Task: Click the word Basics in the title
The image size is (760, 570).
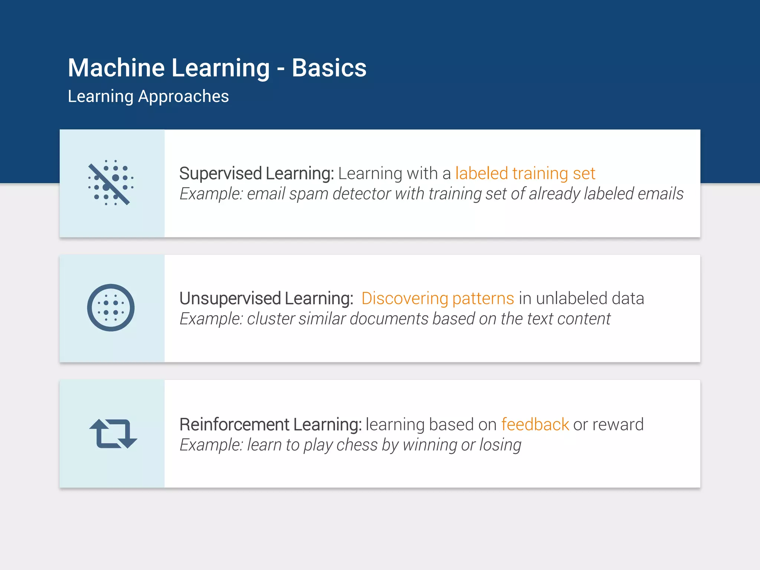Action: click(329, 68)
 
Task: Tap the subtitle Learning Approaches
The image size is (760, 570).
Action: click(148, 96)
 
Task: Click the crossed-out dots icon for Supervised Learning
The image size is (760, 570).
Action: click(111, 183)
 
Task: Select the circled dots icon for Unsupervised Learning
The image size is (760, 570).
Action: click(111, 308)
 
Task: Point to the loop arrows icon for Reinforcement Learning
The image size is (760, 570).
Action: click(113, 433)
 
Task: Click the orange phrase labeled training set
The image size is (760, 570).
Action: click(525, 173)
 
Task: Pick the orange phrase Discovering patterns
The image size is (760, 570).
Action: click(438, 298)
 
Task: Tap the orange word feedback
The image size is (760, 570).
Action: click(535, 424)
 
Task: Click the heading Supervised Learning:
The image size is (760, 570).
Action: click(256, 173)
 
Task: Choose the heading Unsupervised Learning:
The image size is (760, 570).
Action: click(266, 298)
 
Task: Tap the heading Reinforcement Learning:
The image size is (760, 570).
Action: click(270, 424)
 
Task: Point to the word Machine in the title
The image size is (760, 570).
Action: click(116, 68)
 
